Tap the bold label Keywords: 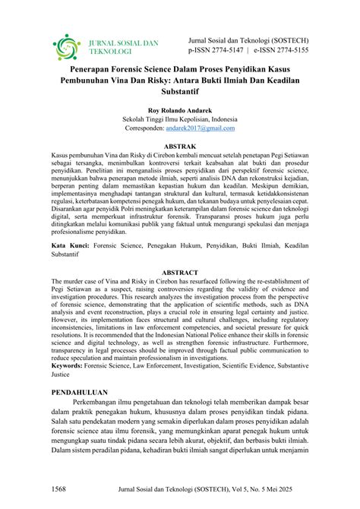coord(72,364)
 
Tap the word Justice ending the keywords coord(63,374)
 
